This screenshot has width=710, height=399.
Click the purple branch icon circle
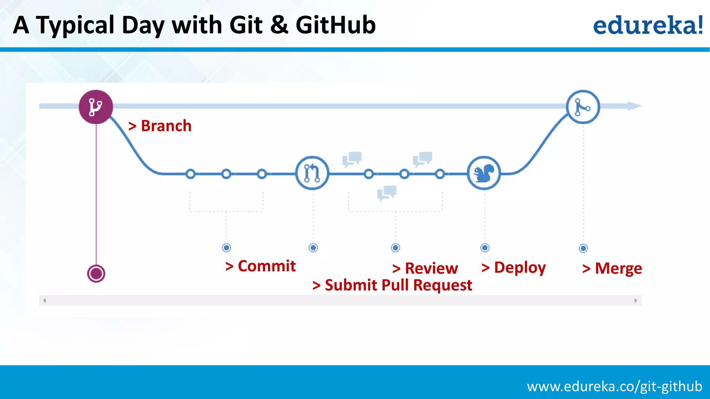point(96,107)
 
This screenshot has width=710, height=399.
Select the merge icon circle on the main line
point(583,107)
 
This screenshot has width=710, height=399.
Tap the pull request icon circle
point(312,173)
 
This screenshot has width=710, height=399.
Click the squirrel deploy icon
point(484,173)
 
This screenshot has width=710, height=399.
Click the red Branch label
point(160,126)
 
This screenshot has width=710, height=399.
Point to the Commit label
point(260,266)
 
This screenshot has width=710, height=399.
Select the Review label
point(425,268)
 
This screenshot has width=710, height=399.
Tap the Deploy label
point(513,267)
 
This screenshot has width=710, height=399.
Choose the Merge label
point(612,268)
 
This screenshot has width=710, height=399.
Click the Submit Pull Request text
point(392,285)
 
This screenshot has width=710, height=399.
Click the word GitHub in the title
point(335,25)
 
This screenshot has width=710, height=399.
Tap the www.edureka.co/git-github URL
point(614,386)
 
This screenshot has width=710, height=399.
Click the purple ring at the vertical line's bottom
point(96,274)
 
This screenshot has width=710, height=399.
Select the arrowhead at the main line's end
point(634,106)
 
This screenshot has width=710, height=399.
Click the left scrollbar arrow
point(44,300)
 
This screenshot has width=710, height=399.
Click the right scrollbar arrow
point(635,300)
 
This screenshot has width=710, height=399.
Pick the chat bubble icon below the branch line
point(387,193)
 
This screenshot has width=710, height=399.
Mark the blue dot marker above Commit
point(226,248)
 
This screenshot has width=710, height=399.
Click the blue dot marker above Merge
point(583,248)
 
